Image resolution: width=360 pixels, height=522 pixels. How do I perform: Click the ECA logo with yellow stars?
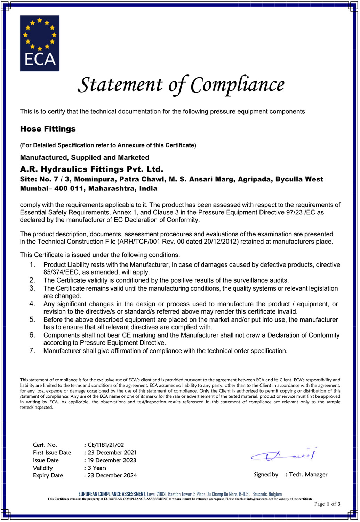pyautogui.click(x=40, y=43)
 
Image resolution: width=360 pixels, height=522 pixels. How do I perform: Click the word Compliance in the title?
pyautogui.click(x=238, y=85)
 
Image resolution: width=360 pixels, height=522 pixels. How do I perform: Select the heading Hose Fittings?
pyautogui.click(x=48, y=129)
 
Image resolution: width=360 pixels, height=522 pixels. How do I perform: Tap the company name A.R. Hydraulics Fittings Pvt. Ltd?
pyautogui.click(x=91, y=169)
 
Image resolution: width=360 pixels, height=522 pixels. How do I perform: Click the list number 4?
pyautogui.click(x=32, y=304)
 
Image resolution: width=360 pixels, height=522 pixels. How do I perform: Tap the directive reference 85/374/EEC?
pyautogui.click(x=61, y=272)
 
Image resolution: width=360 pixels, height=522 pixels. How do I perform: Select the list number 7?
pyautogui.click(x=32, y=350)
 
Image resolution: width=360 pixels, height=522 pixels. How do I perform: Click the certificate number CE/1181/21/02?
pyautogui.click(x=106, y=445)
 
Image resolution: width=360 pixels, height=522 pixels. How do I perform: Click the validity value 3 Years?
pyautogui.click(x=97, y=468)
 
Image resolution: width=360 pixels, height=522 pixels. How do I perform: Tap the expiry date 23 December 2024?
pyautogui.click(x=112, y=475)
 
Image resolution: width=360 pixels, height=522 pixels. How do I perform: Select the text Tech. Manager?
pyautogui.click(x=308, y=474)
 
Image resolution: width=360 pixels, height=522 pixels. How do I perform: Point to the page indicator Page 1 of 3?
pyautogui.click(x=327, y=504)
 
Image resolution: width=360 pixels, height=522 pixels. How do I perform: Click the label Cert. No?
pyautogui.click(x=45, y=445)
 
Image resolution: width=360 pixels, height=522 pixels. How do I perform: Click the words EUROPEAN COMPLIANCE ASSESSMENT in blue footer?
pyautogui.click(x=112, y=494)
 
